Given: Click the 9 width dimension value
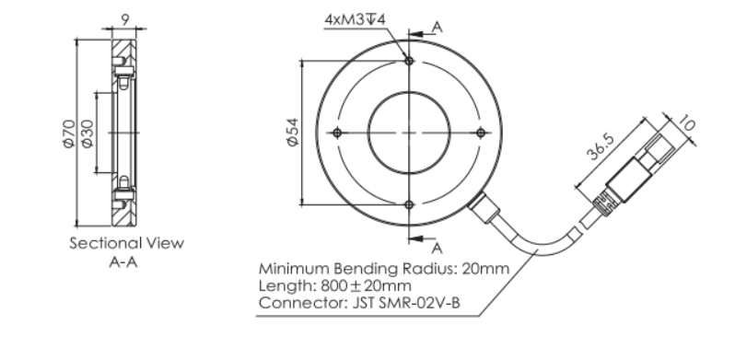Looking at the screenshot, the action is tap(125, 19).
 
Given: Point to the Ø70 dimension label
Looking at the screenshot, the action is tap(69, 134).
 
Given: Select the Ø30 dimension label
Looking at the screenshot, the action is tap(88, 134).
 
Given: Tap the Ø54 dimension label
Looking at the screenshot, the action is tap(293, 132).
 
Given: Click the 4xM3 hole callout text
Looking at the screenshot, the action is tap(355, 19).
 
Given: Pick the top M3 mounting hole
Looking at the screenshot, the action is tap(409, 61).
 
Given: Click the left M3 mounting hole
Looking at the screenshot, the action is tap(337, 133).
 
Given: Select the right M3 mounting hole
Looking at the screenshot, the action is tap(481, 133).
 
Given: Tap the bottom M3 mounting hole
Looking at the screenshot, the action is tap(409, 204).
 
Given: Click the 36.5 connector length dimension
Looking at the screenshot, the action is tap(601, 147).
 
